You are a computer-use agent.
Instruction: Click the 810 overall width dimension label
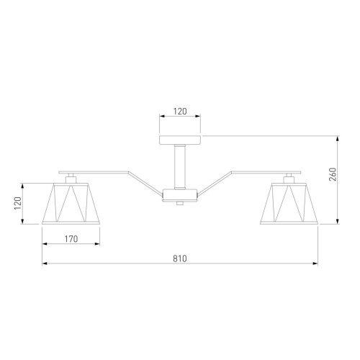coord(180,258)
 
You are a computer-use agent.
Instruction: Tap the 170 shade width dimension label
coord(71,239)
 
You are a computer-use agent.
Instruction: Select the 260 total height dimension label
coord(333,174)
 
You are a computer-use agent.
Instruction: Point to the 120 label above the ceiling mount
coord(180,111)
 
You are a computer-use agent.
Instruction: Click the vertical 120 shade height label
coord(18,203)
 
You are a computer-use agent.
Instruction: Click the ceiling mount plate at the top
coord(180,140)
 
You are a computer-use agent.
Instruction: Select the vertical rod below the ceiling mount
coord(180,167)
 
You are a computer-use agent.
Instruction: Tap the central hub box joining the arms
coord(180,195)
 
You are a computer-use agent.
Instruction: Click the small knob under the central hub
coord(180,203)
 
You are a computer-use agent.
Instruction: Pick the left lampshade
coord(71,204)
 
